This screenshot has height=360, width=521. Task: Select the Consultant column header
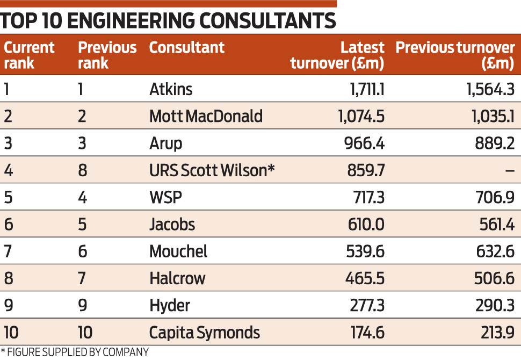tap(186, 48)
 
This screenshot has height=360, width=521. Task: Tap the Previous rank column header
tap(107, 55)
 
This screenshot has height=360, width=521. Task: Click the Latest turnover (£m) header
tap(337, 55)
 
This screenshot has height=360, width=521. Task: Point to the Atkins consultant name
tap(171, 89)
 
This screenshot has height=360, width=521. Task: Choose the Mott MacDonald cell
tap(206, 116)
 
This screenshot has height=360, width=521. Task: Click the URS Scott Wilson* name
tap(212, 170)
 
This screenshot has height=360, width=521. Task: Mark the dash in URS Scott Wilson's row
tap(509, 171)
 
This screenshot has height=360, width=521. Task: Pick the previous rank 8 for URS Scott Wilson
tap(82, 170)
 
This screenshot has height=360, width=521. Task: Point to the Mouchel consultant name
tap(178, 251)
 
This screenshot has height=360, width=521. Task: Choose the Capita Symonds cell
tap(205, 333)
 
